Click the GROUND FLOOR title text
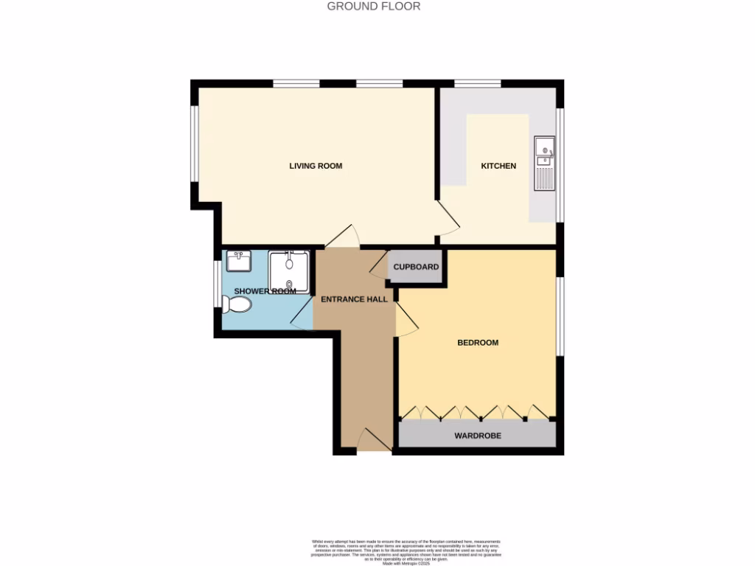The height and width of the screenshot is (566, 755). (374, 7)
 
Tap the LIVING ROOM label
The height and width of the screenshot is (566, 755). (316, 166)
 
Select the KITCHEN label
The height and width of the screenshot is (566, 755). (498, 166)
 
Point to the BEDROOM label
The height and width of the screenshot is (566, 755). (478, 343)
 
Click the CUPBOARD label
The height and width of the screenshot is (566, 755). (417, 267)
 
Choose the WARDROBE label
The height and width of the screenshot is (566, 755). (478, 436)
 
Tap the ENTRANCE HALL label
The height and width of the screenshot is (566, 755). (354, 299)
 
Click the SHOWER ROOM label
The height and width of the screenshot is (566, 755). (265, 291)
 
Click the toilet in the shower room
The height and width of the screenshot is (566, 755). (240, 304)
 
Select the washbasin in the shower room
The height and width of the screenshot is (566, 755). (239, 261)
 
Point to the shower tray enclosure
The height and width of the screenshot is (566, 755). (289, 271)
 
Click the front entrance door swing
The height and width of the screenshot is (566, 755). (373, 441)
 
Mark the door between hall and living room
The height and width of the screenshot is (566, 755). (341, 238)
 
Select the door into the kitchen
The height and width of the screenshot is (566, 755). (448, 219)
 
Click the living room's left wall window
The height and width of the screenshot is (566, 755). (194, 144)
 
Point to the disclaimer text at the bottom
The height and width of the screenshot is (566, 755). (377, 552)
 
